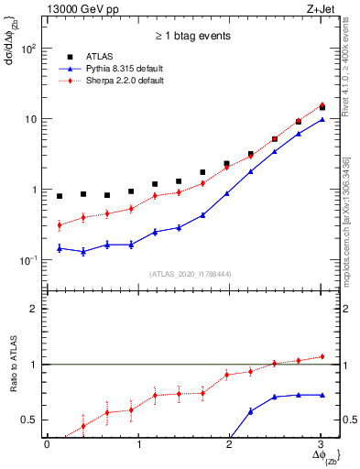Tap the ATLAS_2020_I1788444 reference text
click(x=183, y=274)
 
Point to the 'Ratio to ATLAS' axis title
click(x=14, y=362)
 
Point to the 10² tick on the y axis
click(x=32, y=49)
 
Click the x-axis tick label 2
click(x=229, y=444)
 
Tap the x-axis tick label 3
click(x=321, y=444)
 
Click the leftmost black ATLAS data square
click(x=60, y=196)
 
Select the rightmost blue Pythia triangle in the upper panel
click(x=321, y=119)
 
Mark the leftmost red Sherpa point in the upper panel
click(x=60, y=224)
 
